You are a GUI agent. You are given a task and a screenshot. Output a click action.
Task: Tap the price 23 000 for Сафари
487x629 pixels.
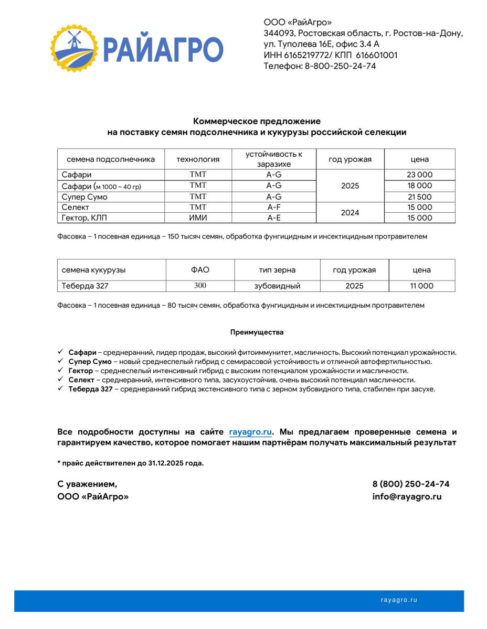pyautogui.click(x=419, y=175)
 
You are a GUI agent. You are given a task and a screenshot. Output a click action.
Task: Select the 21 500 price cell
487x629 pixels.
pyautogui.click(x=419, y=197)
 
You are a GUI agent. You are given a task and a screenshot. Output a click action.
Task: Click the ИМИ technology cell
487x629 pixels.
pyautogui.click(x=198, y=218)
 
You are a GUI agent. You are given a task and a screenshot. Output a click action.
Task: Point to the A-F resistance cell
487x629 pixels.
pyautogui.click(x=274, y=208)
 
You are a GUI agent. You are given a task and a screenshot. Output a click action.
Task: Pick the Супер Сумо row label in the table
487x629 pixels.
pyautogui.click(x=84, y=197)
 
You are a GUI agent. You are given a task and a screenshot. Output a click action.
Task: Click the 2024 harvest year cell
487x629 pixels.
pyautogui.click(x=350, y=213)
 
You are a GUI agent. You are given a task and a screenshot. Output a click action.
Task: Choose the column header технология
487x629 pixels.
pyautogui.click(x=198, y=159)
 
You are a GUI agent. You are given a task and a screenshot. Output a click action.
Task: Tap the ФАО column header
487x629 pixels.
pyautogui.click(x=200, y=270)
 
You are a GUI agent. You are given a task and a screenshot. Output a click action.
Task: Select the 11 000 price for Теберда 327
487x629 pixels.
pyautogui.click(x=421, y=286)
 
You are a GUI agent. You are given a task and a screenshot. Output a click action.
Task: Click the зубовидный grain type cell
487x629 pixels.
pyautogui.click(x=277, y=286)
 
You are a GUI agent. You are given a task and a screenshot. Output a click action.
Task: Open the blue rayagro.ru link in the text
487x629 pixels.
pyautogui.click(x=250, y=432)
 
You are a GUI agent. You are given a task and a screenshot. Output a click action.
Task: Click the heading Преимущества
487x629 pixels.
pyautogui.click(x=257, y=332)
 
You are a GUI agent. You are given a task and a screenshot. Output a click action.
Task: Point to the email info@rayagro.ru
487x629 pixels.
pyautogui.click(x=407, y=496)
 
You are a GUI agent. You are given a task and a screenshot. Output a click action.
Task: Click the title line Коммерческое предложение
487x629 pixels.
pyautogui.click(x=257, y=121)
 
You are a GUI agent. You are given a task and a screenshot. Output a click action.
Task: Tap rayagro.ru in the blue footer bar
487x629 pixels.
pyautogui.click(x=399, y=600)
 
